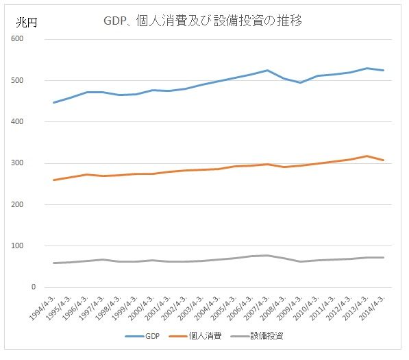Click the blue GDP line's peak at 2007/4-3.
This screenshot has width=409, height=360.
267,70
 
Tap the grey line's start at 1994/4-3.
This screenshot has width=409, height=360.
53,263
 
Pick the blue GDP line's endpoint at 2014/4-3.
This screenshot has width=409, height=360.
383,70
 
